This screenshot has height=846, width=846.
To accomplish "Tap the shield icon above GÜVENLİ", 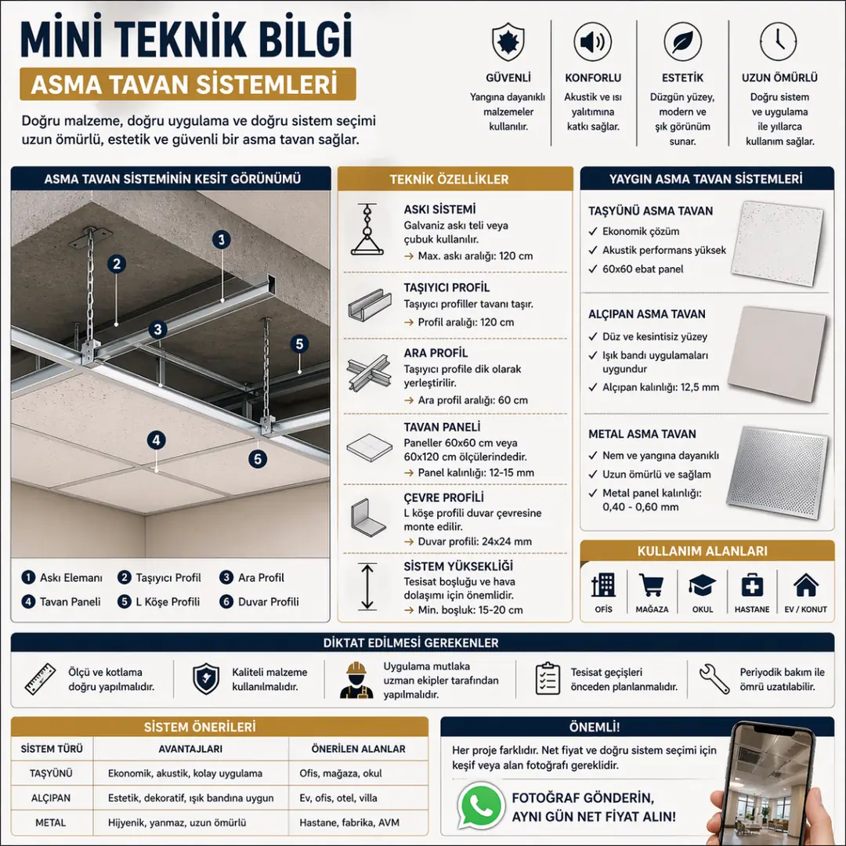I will point(508,42).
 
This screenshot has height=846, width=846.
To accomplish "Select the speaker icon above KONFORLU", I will point(593,42).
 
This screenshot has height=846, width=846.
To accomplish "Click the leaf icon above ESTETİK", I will point(682,42).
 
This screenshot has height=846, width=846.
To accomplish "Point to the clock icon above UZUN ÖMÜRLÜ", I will point(779,42).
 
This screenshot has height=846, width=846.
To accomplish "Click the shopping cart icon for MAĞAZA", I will point(652,585).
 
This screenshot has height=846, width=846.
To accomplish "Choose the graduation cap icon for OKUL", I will point(702,585).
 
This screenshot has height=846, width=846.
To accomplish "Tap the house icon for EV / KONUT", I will point(805,585).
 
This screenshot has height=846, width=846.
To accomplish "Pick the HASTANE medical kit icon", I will point(752,585).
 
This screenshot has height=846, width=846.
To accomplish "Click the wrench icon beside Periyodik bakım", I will point(714,678).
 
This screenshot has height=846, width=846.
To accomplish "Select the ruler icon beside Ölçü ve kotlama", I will point(39,679).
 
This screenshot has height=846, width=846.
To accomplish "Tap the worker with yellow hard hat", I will point(356,680).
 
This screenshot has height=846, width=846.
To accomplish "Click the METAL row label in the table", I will point(51,823).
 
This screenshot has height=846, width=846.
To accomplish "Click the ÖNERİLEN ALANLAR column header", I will point(358,749).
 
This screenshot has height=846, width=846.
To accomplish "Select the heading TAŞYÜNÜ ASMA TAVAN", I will point(650,211).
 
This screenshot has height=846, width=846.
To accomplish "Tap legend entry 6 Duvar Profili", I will point(261,602).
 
